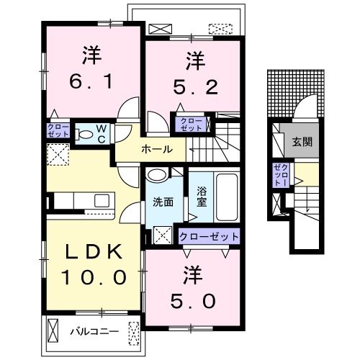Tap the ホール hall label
pos(157,150)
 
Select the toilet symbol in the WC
pos(84,135)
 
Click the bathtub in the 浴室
pos(227,197)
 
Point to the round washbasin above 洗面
pos(157,175)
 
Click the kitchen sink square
pos(102,201)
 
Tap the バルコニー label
pos(94,332)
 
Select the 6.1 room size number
pos(91,81)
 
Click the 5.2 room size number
pos(195,87)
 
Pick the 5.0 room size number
pos(193,301)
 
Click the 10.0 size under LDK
pos(94,277)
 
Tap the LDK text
pos(94,252)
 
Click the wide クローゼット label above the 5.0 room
pos(209,237)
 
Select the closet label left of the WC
pos(58,130)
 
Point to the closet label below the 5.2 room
pos(191,125)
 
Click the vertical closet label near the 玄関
pos(282,174)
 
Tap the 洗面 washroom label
pos(163,203)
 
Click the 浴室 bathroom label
pos(202,197)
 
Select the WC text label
pos(102,134)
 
